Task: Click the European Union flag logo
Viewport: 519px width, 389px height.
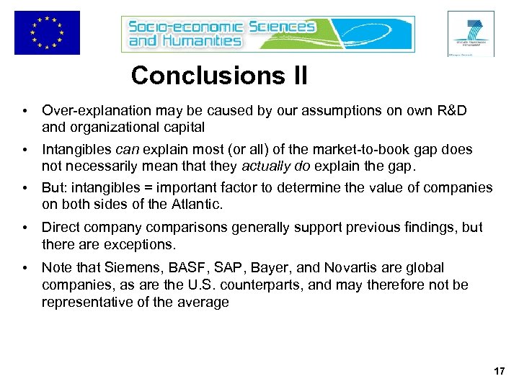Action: pyautogui.click(x=47, y=32)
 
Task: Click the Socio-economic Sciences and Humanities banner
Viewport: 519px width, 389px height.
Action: pyautogui.click(x=268, y=34)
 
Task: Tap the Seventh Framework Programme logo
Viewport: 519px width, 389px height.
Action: pyautogui.click(x=471, y=33)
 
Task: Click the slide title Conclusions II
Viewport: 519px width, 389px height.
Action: pyautogui.click(x=219, y=76)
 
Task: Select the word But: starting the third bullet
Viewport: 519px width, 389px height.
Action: pyautogui.click(x=55, y=189)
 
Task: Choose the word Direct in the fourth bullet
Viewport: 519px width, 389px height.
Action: pyautogui.click(x=60, y=228)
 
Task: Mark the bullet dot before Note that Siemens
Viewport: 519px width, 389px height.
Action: pyautogui.click(x=25, y=267)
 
